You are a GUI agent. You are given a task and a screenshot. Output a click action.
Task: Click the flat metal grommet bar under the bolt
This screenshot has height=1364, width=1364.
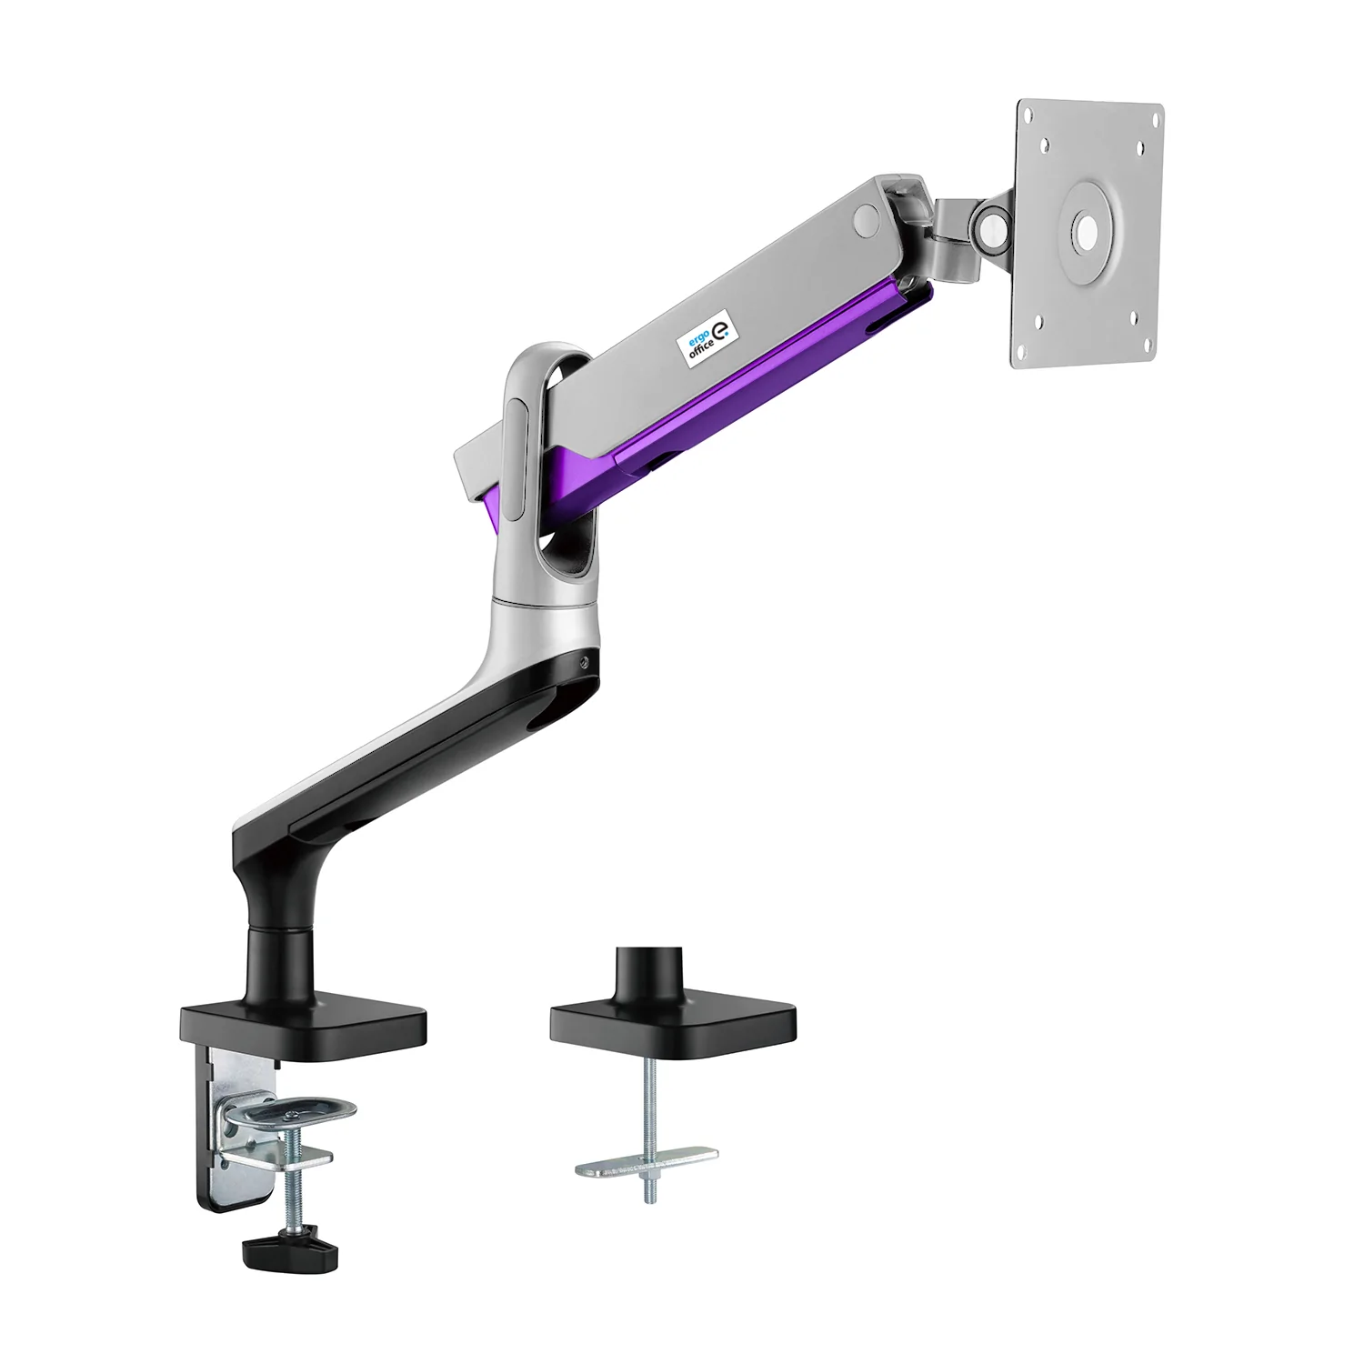646,1162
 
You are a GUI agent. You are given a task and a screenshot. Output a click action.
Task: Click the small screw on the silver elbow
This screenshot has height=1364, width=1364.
586,661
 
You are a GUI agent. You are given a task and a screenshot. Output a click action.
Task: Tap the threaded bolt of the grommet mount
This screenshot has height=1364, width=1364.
649,1109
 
